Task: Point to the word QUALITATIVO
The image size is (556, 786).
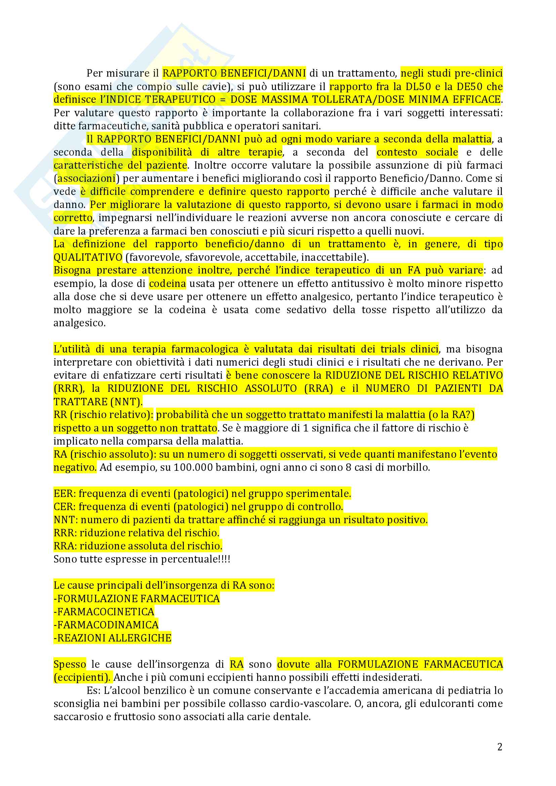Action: pos(88,257)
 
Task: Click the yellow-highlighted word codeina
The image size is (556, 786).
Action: pos(167,284)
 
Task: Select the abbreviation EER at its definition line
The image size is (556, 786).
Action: pos(64,494)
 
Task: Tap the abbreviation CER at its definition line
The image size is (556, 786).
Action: pos(64,507)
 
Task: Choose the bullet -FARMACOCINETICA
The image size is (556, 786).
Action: pos(104,612)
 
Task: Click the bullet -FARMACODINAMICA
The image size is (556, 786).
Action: pos(106,625)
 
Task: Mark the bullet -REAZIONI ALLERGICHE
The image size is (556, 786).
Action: pos(112,638)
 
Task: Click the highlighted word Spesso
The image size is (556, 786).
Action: pos(70,664)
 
